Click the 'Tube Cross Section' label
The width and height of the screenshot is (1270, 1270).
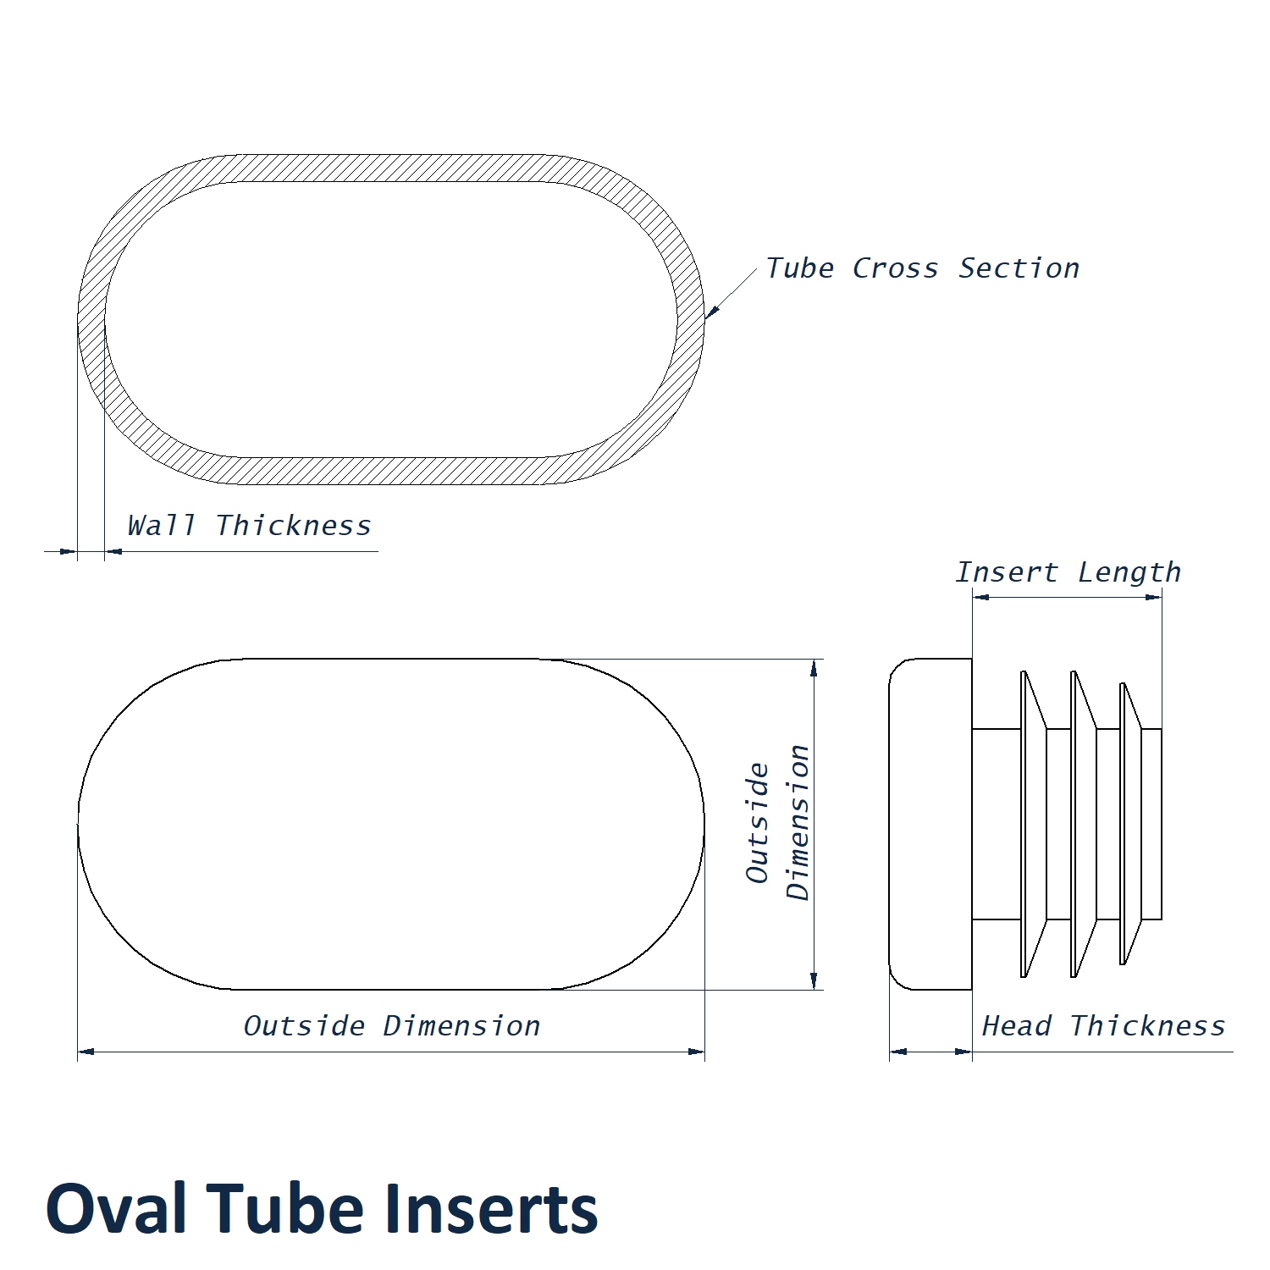click(922, 268)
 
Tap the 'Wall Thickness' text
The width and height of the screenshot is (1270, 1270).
click(249, 526)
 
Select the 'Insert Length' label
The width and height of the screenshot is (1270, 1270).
click(1068, 572)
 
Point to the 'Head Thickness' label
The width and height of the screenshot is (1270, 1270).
click(1103, 1026)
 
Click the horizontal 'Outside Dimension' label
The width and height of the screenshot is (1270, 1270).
click(391, 1026)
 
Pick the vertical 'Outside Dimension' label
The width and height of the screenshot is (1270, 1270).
click(778, 823)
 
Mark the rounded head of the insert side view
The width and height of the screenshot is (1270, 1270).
click(930, 824)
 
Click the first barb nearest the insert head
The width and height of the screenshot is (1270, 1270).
click(1032, 824)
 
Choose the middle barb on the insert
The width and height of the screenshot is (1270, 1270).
click(1082, 824)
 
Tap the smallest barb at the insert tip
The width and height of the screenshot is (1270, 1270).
click(1129, 824)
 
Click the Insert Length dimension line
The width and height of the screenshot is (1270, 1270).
click(1067, 597)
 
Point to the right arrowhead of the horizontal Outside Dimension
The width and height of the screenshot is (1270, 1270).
click(696, 1052)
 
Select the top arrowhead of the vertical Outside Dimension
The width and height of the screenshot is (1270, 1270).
click(814, 668)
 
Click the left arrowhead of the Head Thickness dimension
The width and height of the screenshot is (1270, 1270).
click(898, 1052)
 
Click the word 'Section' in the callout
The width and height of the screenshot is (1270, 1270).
click(1019, 268)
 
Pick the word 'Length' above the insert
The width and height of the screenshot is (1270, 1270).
click(1129, 572)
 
